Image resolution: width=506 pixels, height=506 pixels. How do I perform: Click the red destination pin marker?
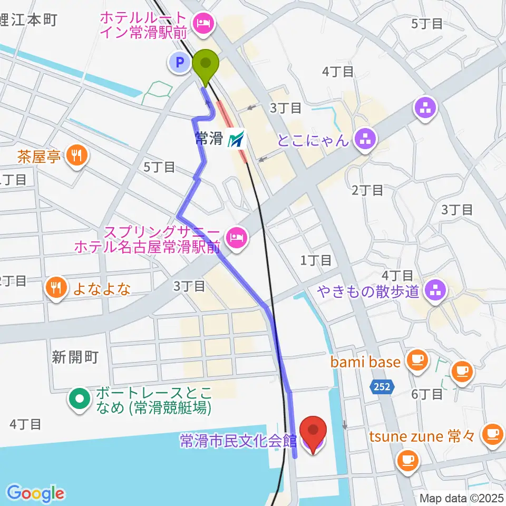coord(314,434)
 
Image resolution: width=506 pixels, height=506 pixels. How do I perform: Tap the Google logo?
coord(36,493)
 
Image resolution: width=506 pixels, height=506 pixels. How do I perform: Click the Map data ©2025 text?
coord(462,498)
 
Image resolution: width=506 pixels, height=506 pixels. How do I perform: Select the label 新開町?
coord(75,357)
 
